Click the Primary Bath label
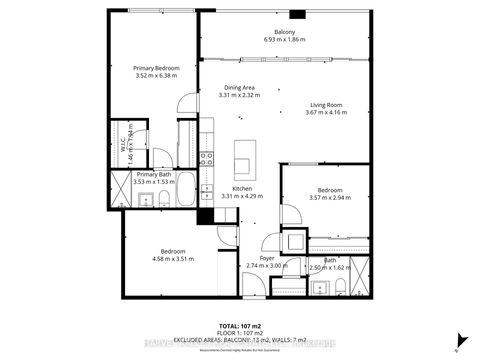(x=154, y=175)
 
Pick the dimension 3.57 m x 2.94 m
(x=330, y=198)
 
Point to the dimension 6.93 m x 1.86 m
(x=284, y=41)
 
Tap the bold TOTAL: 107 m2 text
(x=239, y=327)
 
